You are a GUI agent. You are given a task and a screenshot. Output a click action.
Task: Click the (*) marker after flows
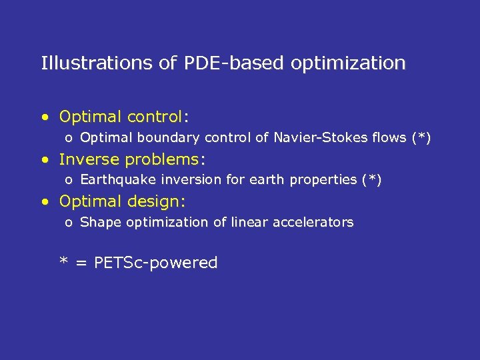click(x=421, y=138)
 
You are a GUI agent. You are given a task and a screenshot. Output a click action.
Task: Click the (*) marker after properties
click(x=371, y=180)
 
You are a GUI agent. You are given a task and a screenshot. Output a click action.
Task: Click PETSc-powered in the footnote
click(x=156, y=263)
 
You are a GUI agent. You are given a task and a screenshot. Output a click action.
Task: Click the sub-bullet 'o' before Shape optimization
click(x=69, y=223)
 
